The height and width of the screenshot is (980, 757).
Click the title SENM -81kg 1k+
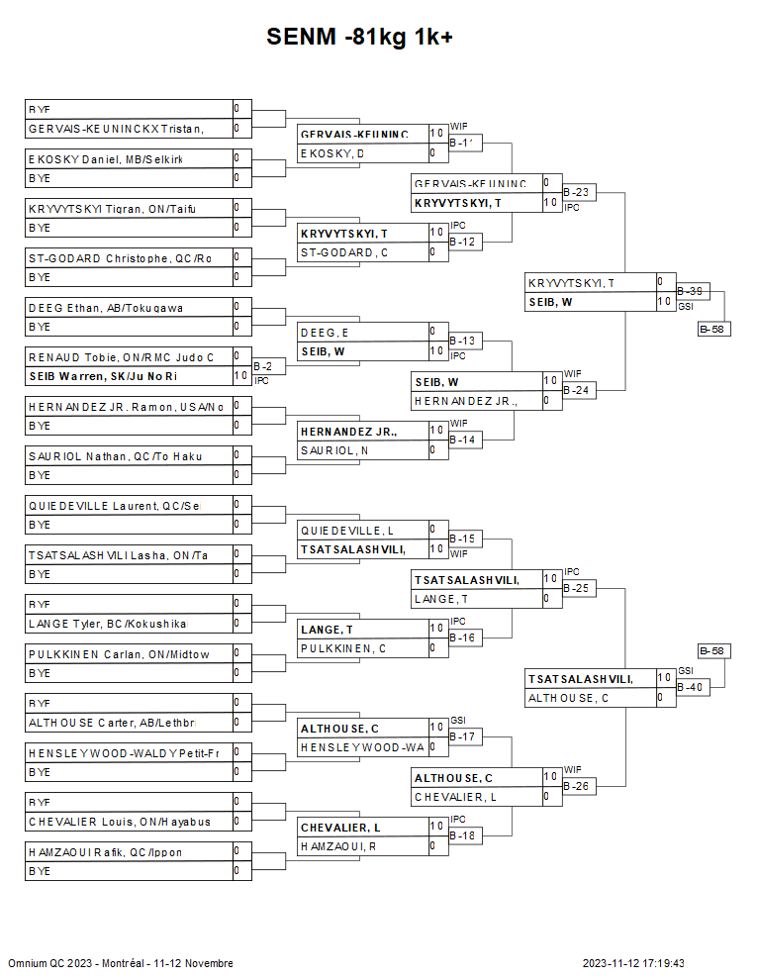point(359,38)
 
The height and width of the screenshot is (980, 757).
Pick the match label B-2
point(263,366)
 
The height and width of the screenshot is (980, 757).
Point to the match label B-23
point(576,192)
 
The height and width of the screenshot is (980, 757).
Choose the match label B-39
point(690,291)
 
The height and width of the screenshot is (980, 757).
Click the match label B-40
point(690,687)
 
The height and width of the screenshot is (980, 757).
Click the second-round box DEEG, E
point(362,332)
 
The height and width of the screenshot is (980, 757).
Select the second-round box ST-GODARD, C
point(362,252)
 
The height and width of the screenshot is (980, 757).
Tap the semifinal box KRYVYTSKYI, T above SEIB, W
point(590,282)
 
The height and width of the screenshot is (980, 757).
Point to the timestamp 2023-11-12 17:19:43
point(633,963)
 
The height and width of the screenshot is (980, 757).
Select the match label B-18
point(462,835)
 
